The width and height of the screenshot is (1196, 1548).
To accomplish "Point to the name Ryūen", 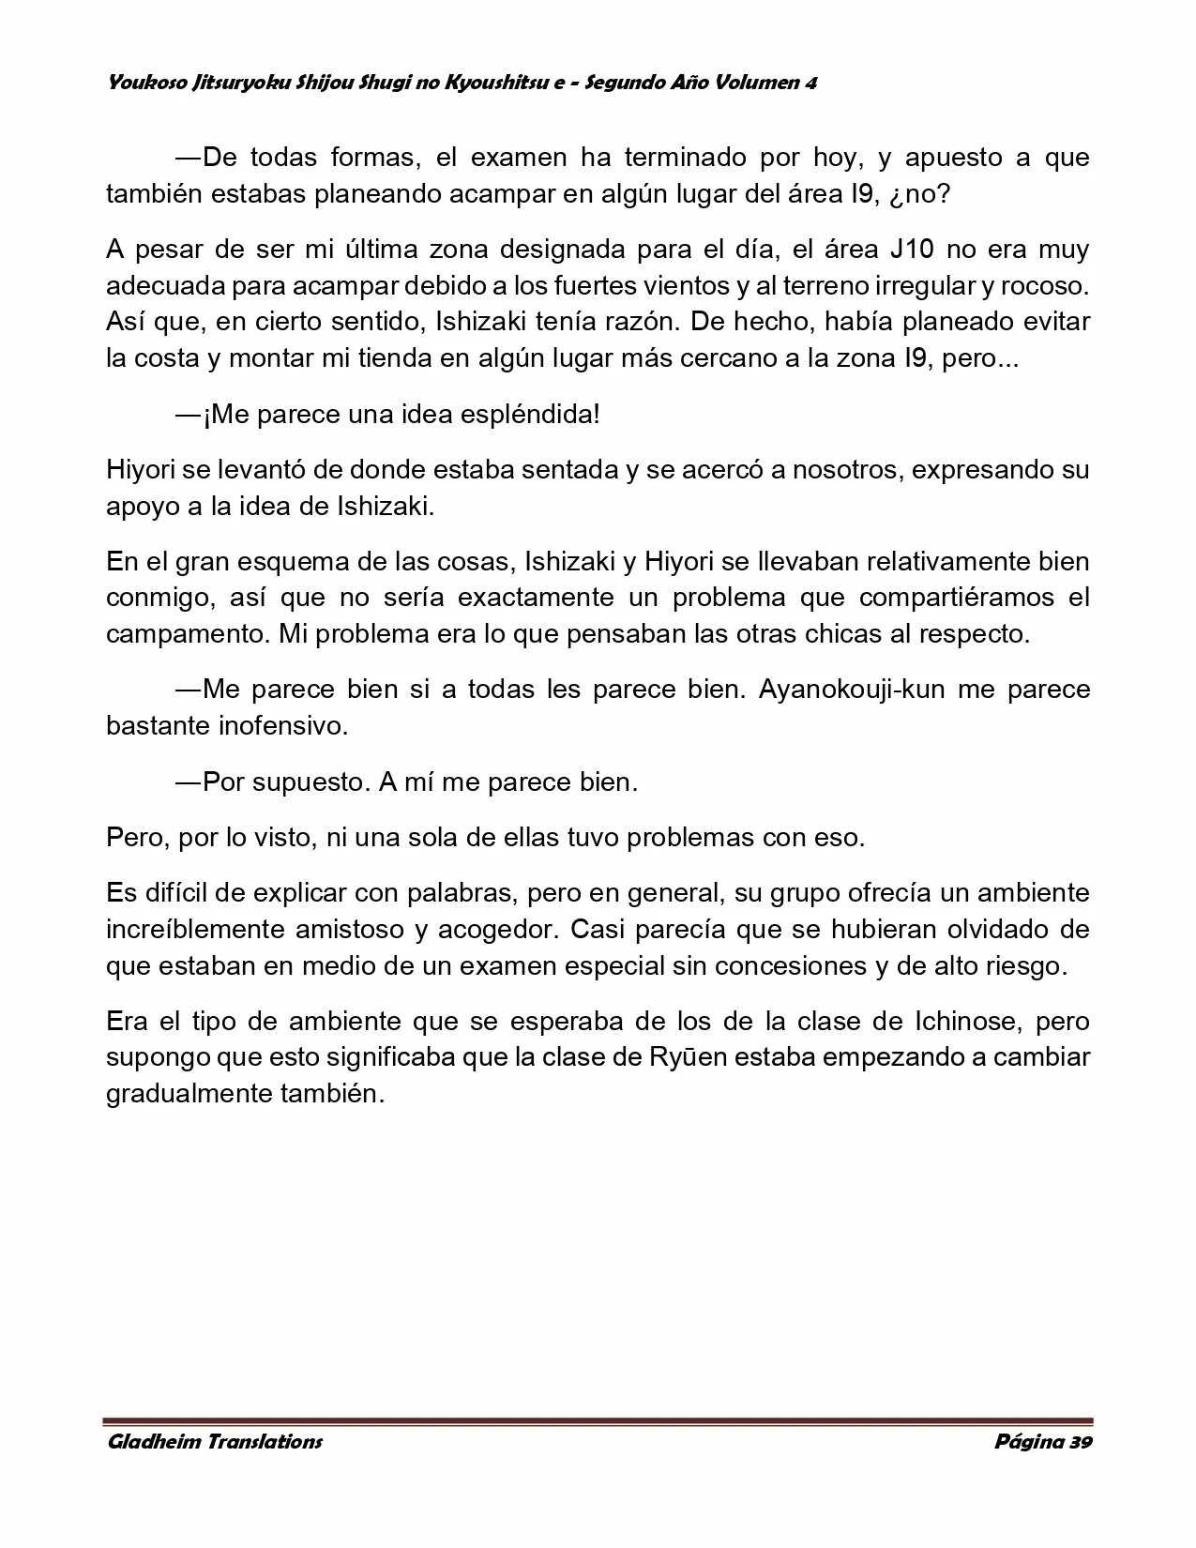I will point(686,1057).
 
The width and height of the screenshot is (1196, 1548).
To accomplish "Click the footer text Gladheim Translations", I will point(215,1442).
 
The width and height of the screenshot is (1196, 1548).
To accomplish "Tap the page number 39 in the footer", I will point(1079,1442).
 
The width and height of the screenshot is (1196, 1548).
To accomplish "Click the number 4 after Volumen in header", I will point(810,83).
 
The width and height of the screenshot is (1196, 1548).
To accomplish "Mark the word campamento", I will point(188,634).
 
